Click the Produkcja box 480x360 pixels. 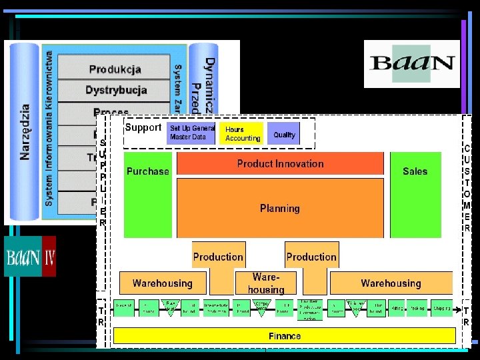(115, 69)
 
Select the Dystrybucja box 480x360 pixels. (115, 90)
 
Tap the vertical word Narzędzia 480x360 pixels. (25, 131)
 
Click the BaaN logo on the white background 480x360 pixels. (411, 63)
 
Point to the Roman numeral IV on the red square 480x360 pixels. (49, 257)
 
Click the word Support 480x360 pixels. (143, 127)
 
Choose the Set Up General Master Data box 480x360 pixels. (192, 133)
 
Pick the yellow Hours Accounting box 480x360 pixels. (243, 133)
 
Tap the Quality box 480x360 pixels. (284, 135)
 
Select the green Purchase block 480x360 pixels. (148, 194)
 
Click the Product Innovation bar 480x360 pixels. (280, 163)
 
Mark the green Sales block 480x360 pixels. (415, 194)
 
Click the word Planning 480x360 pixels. (280, 208)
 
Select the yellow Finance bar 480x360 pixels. (284, 336)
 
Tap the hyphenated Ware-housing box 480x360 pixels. (265, 283)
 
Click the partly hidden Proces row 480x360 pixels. (111, 112)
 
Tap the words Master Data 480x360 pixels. (188, 137)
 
